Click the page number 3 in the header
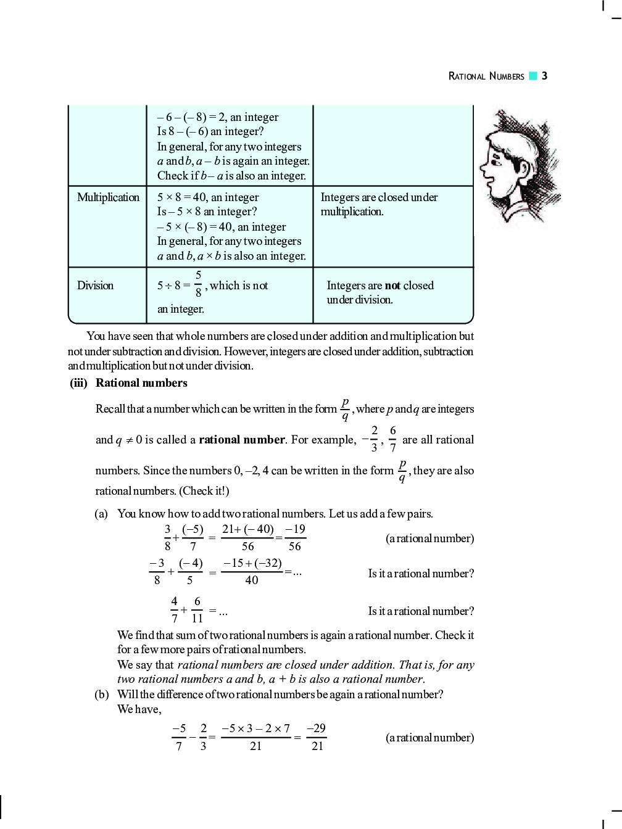coord(544,76)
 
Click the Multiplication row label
coord(108,197)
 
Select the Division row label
coord(95,286)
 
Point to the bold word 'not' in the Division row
coord(392,286)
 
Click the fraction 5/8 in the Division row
coord(198,284)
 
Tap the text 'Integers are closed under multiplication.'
coord(378,204)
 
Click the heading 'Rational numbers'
coord(141,383)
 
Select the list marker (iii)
coord(78,383)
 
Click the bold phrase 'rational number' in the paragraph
coord(242,440)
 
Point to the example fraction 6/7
coord(392,439)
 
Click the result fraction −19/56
coord(295,538)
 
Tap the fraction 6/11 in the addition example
coord(197,609)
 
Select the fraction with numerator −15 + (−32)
coord(252,572)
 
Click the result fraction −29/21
coord(317,737)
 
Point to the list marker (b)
coord(101,695)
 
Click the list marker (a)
coord(101,514)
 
